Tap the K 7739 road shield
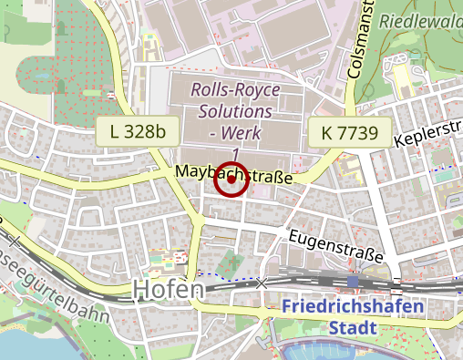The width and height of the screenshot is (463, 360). tap(349, 132)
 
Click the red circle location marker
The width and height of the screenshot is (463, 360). tap(231, 179)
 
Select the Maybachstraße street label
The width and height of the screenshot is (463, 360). tap(233, 173)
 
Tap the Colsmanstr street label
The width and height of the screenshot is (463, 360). tap(363, 36)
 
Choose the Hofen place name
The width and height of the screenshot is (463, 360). tap(169, 289)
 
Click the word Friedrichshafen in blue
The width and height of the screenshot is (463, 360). tap(353, 306)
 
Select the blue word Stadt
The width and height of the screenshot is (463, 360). tap(353, 327)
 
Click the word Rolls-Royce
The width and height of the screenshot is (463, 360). tap(235, 90)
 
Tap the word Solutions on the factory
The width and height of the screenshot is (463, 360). tap(235, 112)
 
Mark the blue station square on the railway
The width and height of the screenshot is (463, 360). tap(353, 282)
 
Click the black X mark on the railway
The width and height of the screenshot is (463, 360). tap(262, 283)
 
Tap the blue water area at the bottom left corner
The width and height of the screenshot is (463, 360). tap(18, 346)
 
